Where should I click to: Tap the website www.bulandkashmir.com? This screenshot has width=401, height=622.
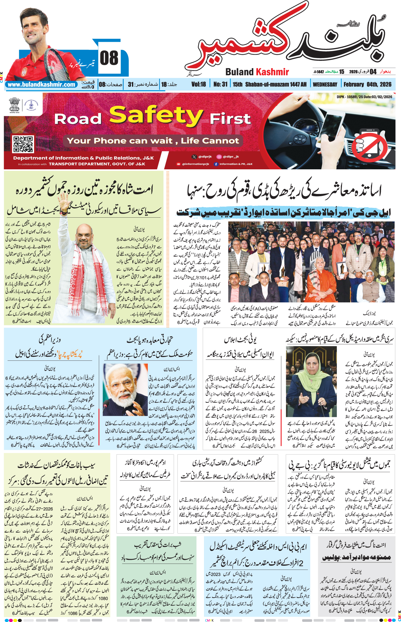41,85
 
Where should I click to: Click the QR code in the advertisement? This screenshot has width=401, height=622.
23,144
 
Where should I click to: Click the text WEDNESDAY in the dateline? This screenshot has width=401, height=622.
325,84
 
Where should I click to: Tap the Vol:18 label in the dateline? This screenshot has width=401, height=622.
199,84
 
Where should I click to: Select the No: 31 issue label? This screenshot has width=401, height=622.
220,84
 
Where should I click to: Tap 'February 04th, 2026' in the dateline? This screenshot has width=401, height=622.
367,84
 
